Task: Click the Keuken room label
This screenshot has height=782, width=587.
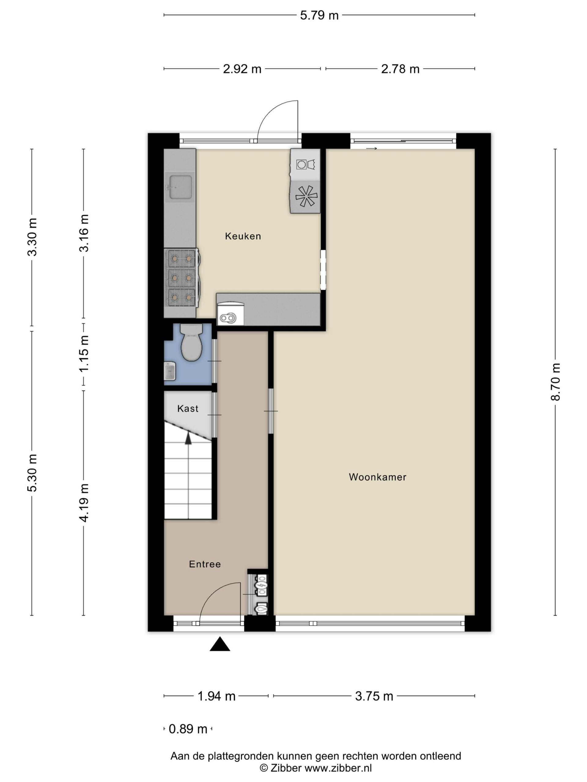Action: [x=243, y=236]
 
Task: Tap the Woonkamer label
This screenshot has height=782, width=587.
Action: [x=378, y=477]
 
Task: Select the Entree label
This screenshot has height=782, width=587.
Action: [x=205, y=564]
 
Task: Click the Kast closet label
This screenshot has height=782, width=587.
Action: [x=187, y=408]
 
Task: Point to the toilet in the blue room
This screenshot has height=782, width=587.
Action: [x=191, y=342]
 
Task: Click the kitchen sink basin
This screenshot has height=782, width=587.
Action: [x=180, y=187]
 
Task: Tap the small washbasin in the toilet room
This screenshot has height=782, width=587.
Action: [x=170, y=371]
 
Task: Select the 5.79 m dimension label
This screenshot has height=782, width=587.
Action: [x=319, y=15]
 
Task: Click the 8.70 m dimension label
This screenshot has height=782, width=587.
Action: [x=555, y=382]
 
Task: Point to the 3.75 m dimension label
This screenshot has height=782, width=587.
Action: [x=374, y=696]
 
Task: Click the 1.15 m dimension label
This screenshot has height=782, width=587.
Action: [x=84, y=353]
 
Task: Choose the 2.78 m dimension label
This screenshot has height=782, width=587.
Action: [x=400, y=69]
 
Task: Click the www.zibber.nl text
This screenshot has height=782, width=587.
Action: [x=338, y=768]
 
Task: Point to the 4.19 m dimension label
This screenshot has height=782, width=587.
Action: [x=84, y=503]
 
